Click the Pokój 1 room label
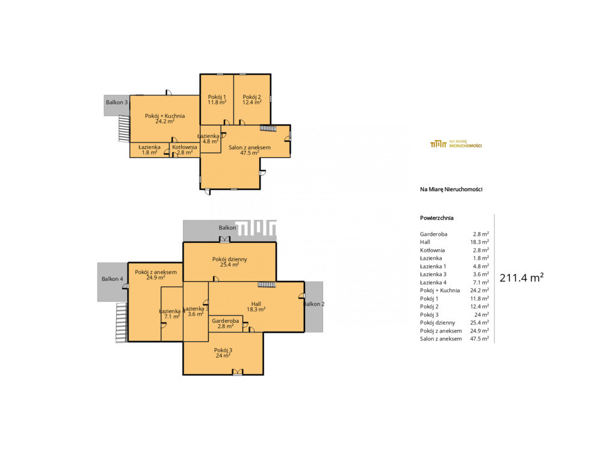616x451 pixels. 217,99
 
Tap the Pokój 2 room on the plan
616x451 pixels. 252,99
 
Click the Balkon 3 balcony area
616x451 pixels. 117,105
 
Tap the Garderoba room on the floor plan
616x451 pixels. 226,324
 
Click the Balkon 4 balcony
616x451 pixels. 112,282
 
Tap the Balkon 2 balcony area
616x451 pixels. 314,307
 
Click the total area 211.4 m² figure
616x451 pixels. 522,278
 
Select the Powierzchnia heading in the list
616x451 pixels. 437,218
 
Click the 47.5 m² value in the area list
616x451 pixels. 479,339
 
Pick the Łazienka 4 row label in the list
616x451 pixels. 433,283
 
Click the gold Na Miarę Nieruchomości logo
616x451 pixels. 456,144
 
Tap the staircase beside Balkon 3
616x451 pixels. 124,129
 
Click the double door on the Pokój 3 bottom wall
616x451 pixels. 238,372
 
